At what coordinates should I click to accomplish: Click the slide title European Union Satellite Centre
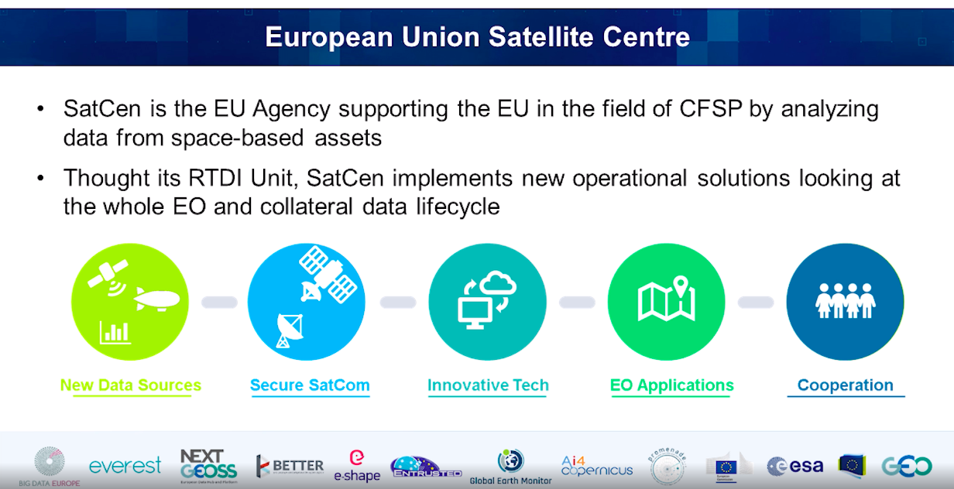[477, 37]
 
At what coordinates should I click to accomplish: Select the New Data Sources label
[131, 385]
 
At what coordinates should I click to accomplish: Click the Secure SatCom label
[310, 385]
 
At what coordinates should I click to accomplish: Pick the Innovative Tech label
[488, 385]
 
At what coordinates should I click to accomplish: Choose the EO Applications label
[671, 385]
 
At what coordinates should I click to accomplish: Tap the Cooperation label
[845, 385]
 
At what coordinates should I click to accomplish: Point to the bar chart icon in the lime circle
[115, 333]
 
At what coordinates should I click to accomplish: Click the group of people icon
[845, 300]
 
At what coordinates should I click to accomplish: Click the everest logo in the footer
[125, 466]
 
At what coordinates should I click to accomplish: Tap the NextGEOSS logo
[208, 465]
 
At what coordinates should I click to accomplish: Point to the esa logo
[795, 466]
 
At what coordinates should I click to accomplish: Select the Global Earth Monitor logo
[510, 467]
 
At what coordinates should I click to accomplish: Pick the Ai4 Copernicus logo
[596, 466]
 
